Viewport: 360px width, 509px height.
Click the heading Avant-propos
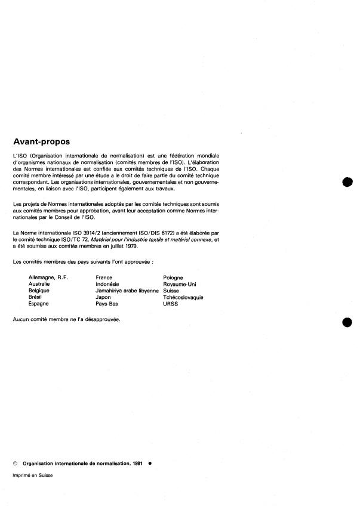[x=41, y=142]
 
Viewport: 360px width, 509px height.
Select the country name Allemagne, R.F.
[x=48, y=277]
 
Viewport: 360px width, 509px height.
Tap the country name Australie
[x=40, y=284]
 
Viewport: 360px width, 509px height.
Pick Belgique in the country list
[x=39, y=291]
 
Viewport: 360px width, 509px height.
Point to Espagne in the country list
[x=39, y=304]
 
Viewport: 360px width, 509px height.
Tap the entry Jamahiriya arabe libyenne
[x=128, y=291]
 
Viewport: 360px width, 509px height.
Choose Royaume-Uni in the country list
[x=180, y=284]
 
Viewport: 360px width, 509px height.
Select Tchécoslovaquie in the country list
[x=187, y=297]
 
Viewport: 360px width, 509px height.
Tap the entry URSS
[x=170, y=304]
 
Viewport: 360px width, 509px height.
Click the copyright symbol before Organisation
[x=16, y=462]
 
